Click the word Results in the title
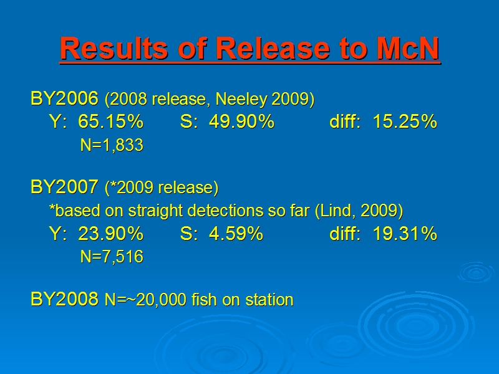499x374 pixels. click(x=114, y=49)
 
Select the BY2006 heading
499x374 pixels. click(x=65, y=98)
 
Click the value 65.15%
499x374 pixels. click(x=111, y=121)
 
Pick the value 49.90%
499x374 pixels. click(x=241, y=121)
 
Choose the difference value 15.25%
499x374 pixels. click(x=405, y=121)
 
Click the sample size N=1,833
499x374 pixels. click(x=112, y=145)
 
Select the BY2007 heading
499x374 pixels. click(x=65, y=186)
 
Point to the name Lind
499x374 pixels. click(x=337, y=211)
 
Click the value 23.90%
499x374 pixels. click(x=111, y=233)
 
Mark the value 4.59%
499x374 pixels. click(x=236, y=233)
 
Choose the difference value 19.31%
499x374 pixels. click(x=405, y=233)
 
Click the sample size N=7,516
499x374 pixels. click(x=112, y=257)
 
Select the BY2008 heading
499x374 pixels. click(x=65, y=299)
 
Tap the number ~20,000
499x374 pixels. click(x=157, y=300)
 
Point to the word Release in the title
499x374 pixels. click(x=273, y=49)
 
